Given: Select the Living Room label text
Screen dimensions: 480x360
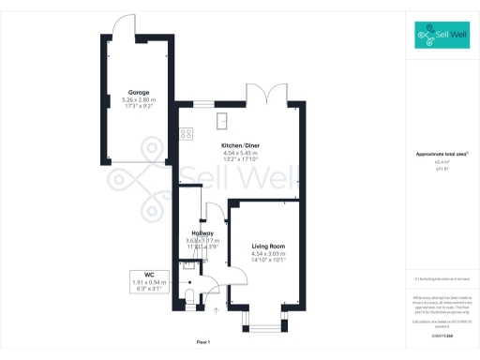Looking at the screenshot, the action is tap(268, 245).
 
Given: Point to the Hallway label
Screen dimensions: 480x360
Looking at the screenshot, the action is tap(202, 232).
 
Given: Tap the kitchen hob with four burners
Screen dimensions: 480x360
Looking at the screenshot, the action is tap(185, 133).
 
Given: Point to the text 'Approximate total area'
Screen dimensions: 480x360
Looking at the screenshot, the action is tap(441, 154).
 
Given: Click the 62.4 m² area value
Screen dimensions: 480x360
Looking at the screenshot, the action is tap(441, 162).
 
